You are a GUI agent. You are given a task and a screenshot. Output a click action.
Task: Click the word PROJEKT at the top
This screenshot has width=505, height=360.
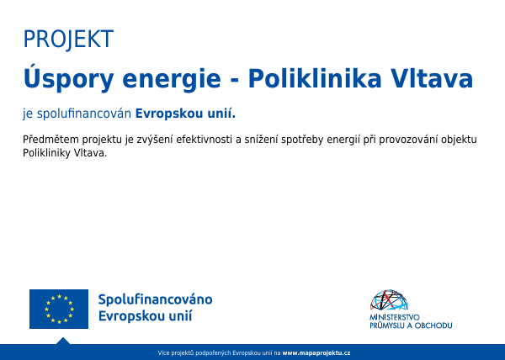[68, 40]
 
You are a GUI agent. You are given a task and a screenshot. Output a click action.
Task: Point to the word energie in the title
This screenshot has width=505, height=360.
[171, 81]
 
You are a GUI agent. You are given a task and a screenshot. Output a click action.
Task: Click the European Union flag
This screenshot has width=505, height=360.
[59, 309]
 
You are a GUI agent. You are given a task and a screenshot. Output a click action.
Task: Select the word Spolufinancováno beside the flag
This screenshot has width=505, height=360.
[155, 300]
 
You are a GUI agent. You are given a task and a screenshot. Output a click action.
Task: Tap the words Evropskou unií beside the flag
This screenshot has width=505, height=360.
[146, 316]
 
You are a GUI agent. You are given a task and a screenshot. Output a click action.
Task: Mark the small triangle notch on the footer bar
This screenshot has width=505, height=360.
[63, 341]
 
